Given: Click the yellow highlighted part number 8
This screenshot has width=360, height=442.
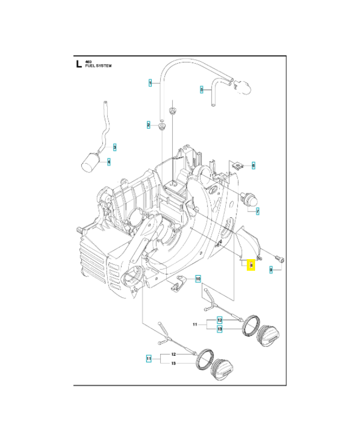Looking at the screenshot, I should [251, 265].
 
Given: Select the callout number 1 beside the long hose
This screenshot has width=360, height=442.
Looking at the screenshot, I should [150, 83].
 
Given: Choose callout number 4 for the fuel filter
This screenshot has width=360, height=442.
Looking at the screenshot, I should [202, 89].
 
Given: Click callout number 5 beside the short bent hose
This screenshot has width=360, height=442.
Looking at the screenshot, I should [253, 165].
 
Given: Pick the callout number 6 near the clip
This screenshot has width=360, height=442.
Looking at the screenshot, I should [258, 211].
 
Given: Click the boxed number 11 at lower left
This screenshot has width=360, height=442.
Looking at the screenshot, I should [149, 359].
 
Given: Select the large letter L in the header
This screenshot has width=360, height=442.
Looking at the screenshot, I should [79, 64].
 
